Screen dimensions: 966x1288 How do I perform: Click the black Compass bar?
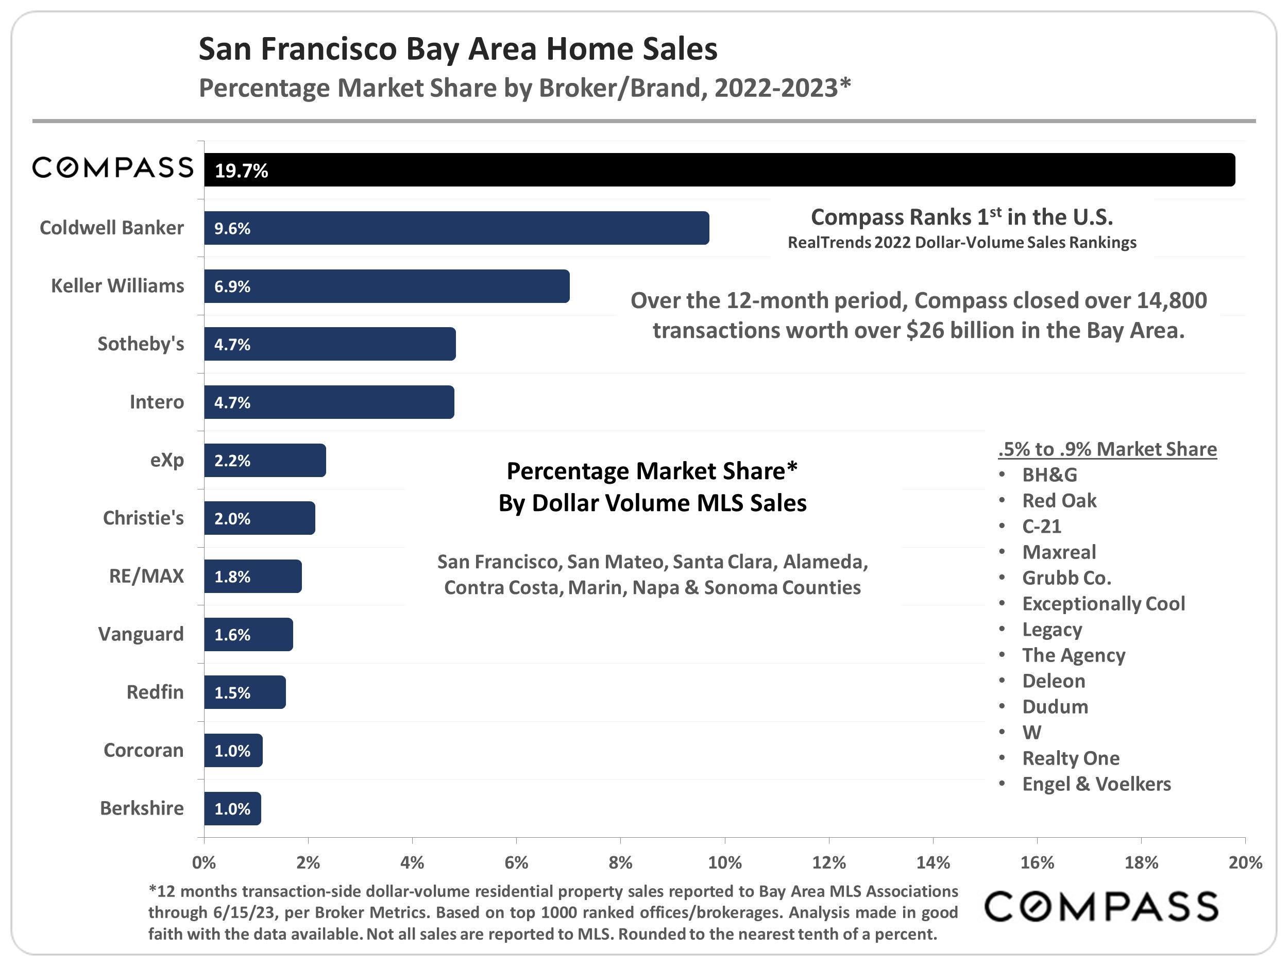[x=719, y=170]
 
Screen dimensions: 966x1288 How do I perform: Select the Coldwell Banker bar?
[x=456, y=228]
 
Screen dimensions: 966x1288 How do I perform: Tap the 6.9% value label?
[x=232, y=286]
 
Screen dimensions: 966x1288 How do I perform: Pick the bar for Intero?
[x=329, y=402]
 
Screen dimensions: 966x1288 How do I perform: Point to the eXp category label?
[x=166, y=460]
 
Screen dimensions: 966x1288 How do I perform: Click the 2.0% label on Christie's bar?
[x=232, y=518]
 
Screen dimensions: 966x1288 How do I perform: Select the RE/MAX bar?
[x=253, y=577]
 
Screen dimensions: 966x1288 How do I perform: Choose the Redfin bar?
[x=245, y=692]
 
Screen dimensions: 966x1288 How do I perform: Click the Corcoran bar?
[x=233, y=751]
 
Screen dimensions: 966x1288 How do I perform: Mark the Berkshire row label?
[x=142, y=808]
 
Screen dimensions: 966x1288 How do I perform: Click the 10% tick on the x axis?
[x=724, y=862]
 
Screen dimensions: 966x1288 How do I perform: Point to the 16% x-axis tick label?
[x=1037, y=862]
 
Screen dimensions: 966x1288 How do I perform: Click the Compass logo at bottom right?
[x=1101, y=907]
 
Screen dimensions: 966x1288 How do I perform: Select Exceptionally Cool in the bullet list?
[x=1104, y=603]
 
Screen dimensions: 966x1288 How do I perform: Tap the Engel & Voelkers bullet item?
[x=1096, y=784]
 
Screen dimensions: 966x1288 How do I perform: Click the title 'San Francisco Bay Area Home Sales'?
[x=457, y=49]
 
